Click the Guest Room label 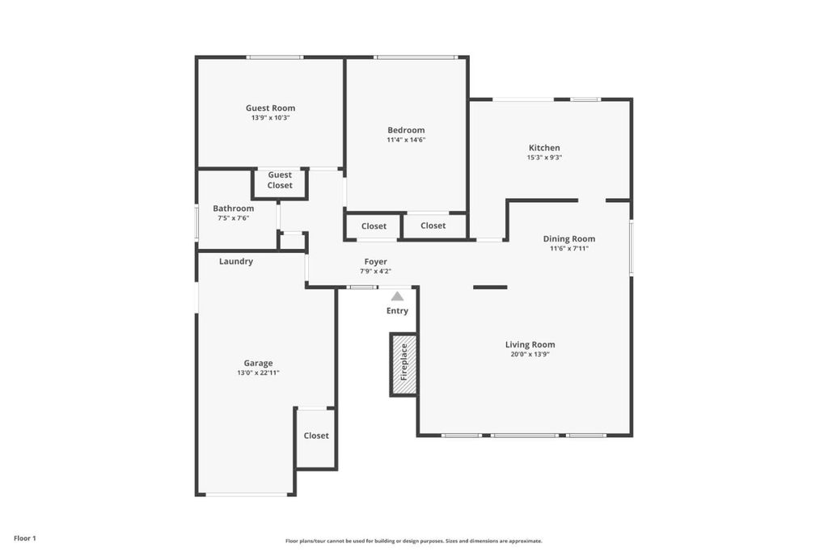pos(270,107)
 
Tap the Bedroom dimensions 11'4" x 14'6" pos(406,140)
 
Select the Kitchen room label pos(544,148)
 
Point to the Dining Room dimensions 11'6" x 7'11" pos(569,249)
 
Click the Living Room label pos(530,344)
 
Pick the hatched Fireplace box pos(404,364)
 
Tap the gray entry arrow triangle pos(397,296)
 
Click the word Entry pos(397,311)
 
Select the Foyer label pos(376,262)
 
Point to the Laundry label pos(236,261)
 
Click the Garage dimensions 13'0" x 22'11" pos(258,373)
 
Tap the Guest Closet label pos(280,180)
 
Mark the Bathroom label pos(234,209)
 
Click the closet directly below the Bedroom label pos(374,225)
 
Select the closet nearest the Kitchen pos(433,225)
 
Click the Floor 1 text pos(25,538)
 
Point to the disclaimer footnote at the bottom pos(414,541)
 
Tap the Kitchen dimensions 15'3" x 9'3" pos(544,158)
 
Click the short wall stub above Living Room pos(490,288)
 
